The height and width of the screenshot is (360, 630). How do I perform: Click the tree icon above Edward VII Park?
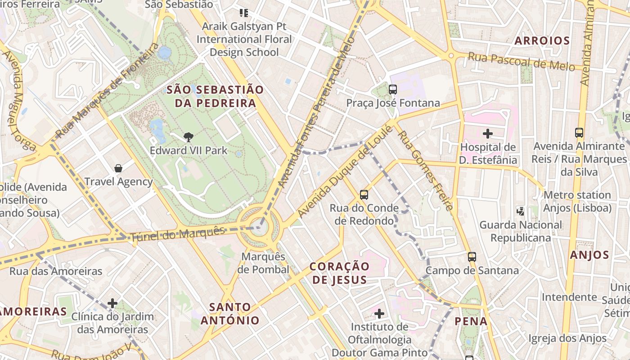(189, 137)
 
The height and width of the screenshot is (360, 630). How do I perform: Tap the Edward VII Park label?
(189, 150)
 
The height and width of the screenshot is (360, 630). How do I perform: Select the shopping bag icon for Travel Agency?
(118, 168)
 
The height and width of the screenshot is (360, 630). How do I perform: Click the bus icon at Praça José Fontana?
(393, 89)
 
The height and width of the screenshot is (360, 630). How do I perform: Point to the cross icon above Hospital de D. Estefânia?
(488, 134)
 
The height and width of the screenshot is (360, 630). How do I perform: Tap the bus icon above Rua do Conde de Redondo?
(364, 195)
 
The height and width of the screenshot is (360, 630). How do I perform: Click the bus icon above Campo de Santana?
(472, 257)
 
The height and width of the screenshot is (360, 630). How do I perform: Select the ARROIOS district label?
(542, 41)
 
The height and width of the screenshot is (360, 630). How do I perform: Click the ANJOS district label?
(589, 255)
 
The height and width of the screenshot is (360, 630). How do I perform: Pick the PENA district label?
(471, 321)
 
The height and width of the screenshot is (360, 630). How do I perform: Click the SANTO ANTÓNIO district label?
(230, 314)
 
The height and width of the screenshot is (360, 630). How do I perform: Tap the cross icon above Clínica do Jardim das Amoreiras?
(112, 303)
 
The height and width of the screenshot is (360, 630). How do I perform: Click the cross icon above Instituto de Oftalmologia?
(379, 313)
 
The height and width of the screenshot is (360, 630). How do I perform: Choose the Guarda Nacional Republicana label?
(521, 231)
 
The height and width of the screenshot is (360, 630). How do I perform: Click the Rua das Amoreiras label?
(56, 271)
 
